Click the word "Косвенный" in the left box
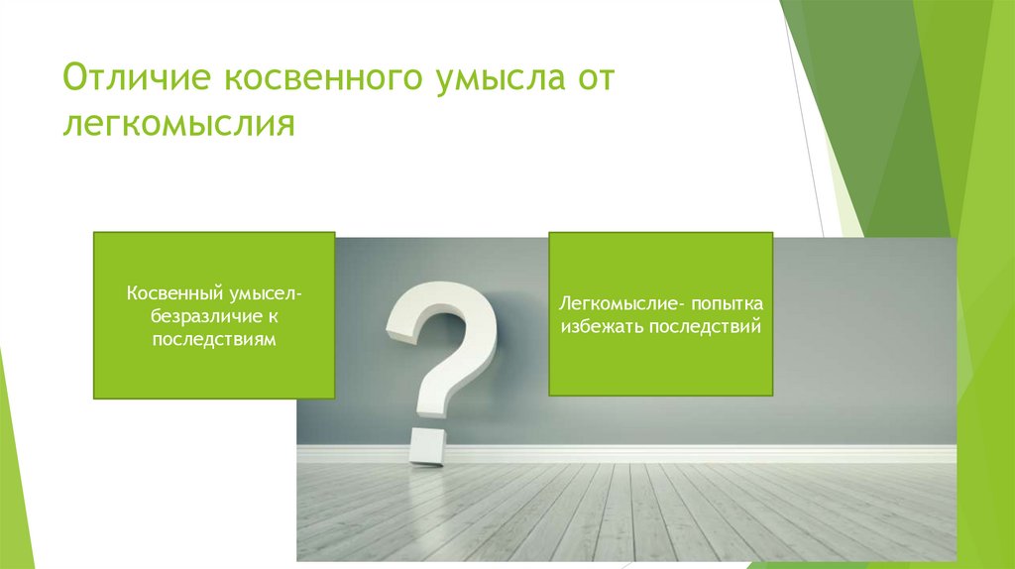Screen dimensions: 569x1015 (x=168, y=294)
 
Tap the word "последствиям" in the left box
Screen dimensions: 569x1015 (x=213, y=339)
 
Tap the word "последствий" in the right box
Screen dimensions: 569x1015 (x=705, y=325)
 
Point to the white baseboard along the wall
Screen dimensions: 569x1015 (x=694, y=453)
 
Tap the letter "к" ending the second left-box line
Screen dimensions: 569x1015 (x=270, y=316)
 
